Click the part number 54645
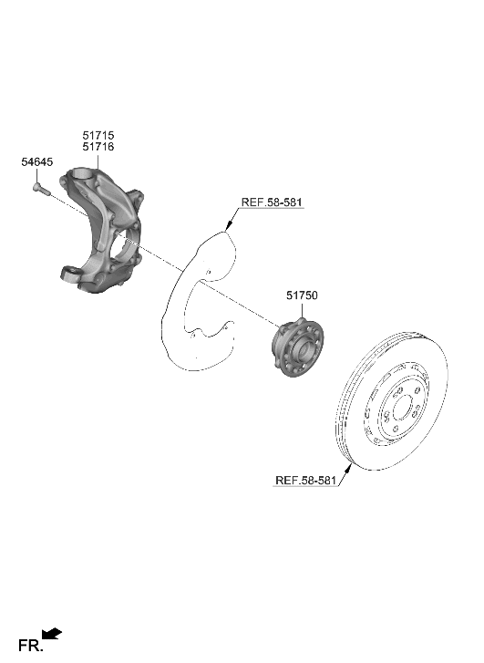[x=36, y=161]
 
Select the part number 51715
[x=98, y=135]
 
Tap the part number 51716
[x=98, y=146]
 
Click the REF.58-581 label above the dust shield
[x=273, y=202]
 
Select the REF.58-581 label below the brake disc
[x=306, y=480]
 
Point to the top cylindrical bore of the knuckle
[x=86, y=172]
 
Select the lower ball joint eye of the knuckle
[x=70, y=272]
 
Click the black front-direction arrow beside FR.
[x=53, y=632]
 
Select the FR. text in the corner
[x=29, y=647]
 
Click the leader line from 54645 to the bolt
[x=36, y=175]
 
